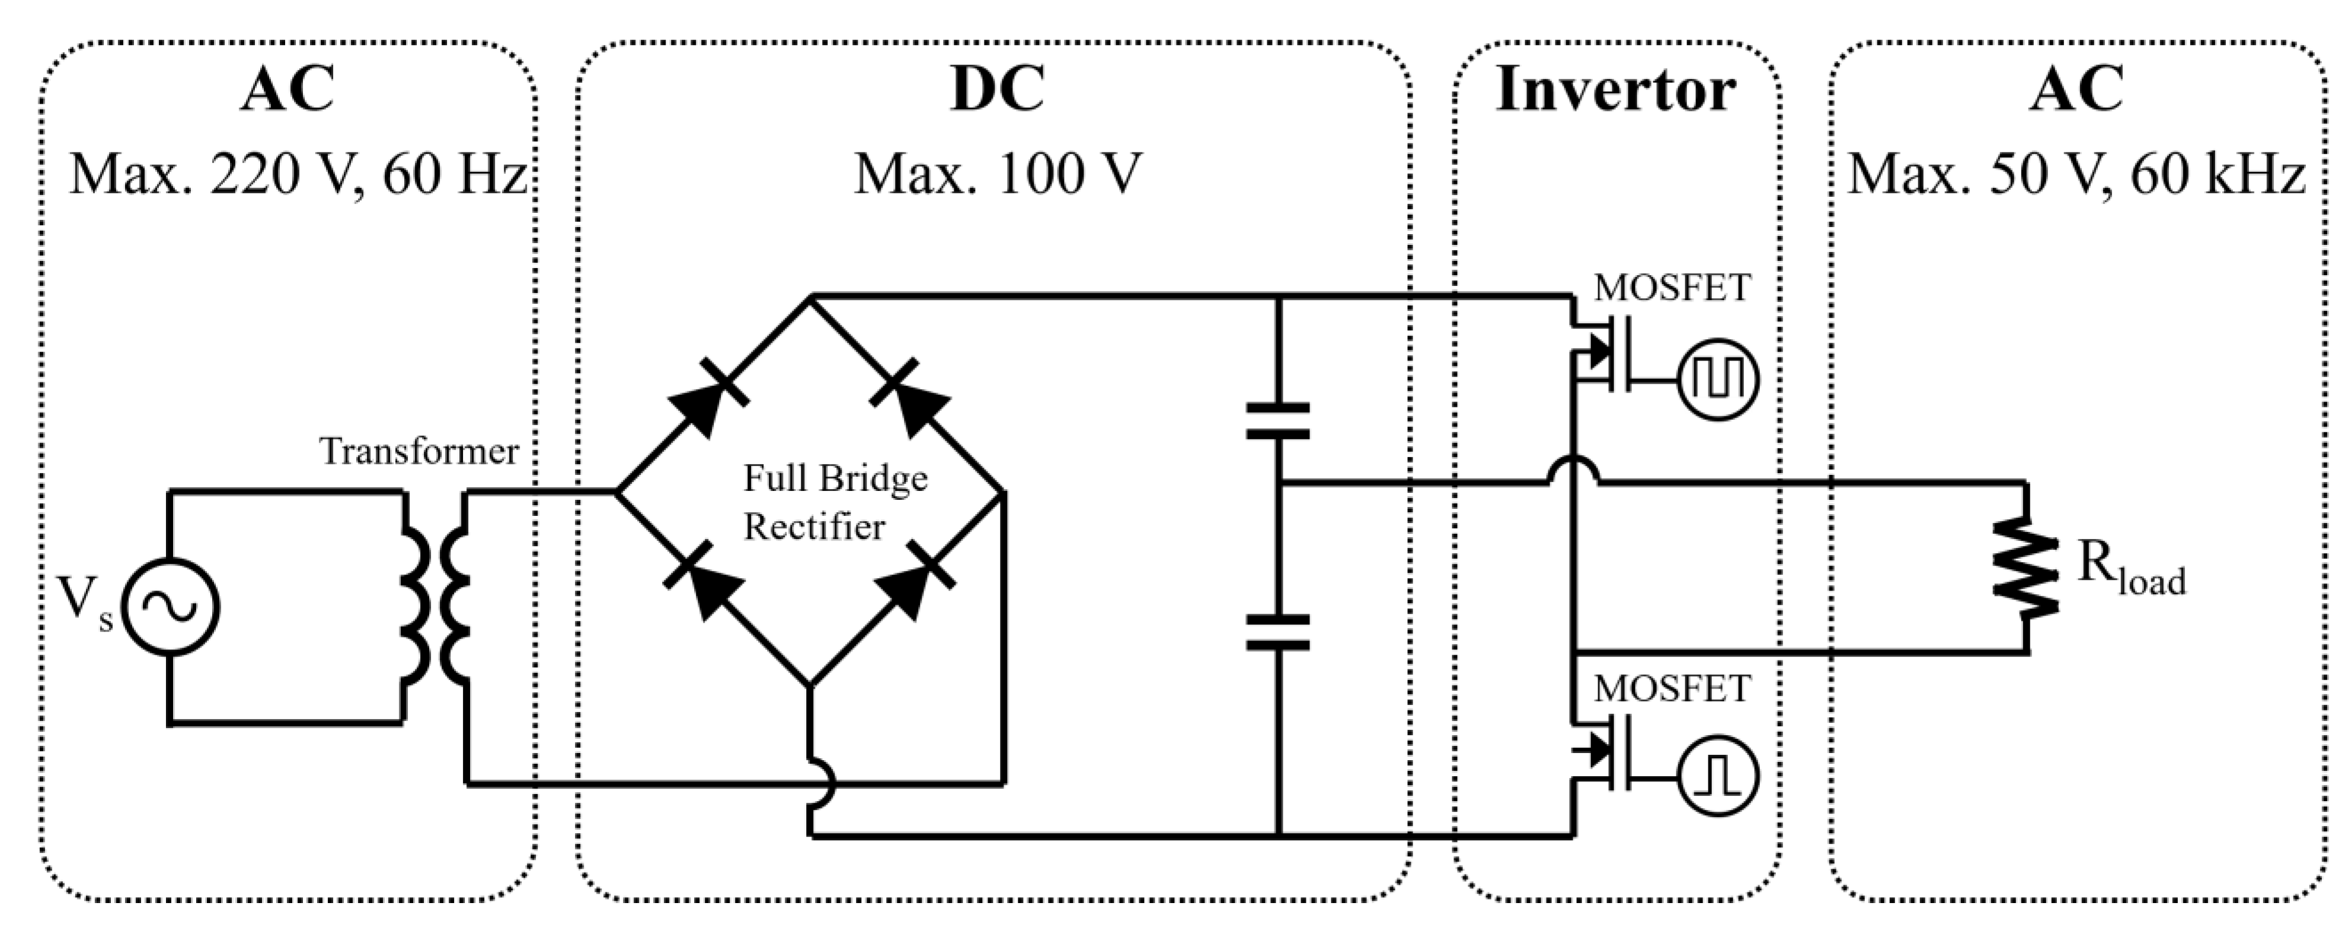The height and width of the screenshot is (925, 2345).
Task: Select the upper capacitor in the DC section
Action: pos(1277,420)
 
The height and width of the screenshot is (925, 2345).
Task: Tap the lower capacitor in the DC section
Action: pos(1277,632)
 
